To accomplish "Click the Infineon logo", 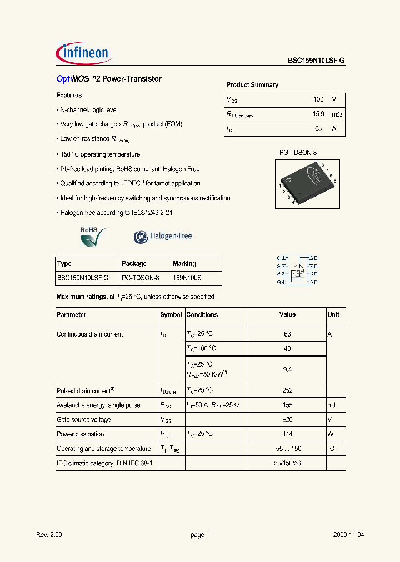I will (84, 53).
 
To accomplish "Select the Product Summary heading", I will (252, 85).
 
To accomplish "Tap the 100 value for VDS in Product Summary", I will (318, 99).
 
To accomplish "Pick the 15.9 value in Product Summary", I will (318, 114).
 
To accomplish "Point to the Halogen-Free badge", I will (163, 237).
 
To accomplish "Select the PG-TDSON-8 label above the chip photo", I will (297, 152).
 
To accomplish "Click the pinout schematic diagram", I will (297, 270).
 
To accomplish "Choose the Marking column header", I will (184, 264).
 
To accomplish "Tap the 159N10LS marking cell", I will (187, 278).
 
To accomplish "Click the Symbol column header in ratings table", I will (171, 315).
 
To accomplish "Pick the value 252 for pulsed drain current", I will (287, 390).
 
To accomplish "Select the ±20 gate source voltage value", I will (287, 420).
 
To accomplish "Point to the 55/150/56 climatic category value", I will (287, 463).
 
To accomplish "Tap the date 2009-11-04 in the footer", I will (349, 535).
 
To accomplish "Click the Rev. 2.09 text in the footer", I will (48, 535).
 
